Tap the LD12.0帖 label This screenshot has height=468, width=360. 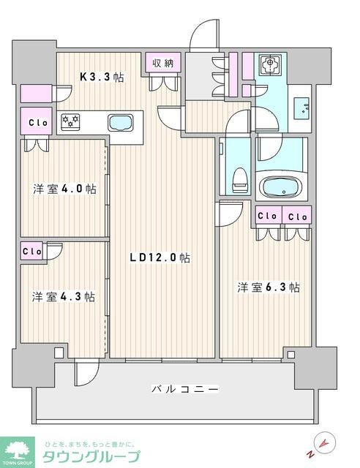[161, 257]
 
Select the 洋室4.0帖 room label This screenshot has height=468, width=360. [64, 188]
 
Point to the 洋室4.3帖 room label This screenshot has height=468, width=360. [63, 297]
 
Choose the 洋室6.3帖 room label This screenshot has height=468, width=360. [268, 287]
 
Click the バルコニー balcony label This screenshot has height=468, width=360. [185, 389]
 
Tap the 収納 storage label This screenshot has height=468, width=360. [163, 64]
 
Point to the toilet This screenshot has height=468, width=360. [238, 177]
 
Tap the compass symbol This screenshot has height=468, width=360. [325, 443]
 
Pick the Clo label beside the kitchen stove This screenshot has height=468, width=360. [38, 123]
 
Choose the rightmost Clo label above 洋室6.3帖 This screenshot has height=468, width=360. [297, 216]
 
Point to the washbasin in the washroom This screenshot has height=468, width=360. [302, 108]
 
